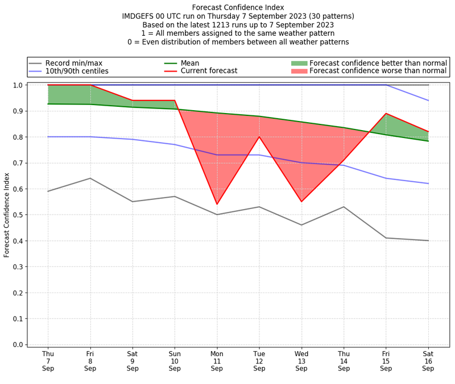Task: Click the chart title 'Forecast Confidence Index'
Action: (238, 7)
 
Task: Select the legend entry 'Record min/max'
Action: (74, 63)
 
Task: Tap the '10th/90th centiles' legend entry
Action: (77, 72)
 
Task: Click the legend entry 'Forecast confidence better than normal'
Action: (378, 63)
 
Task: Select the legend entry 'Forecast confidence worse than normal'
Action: (378, 72)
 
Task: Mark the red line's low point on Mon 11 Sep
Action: (217, 204)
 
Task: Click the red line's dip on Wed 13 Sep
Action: (301, 202)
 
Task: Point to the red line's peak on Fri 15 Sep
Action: (386, 114)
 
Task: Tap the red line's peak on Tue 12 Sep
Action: (259, 136)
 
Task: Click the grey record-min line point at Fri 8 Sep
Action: (90, 178)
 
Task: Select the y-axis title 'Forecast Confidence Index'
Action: (7, 215)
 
